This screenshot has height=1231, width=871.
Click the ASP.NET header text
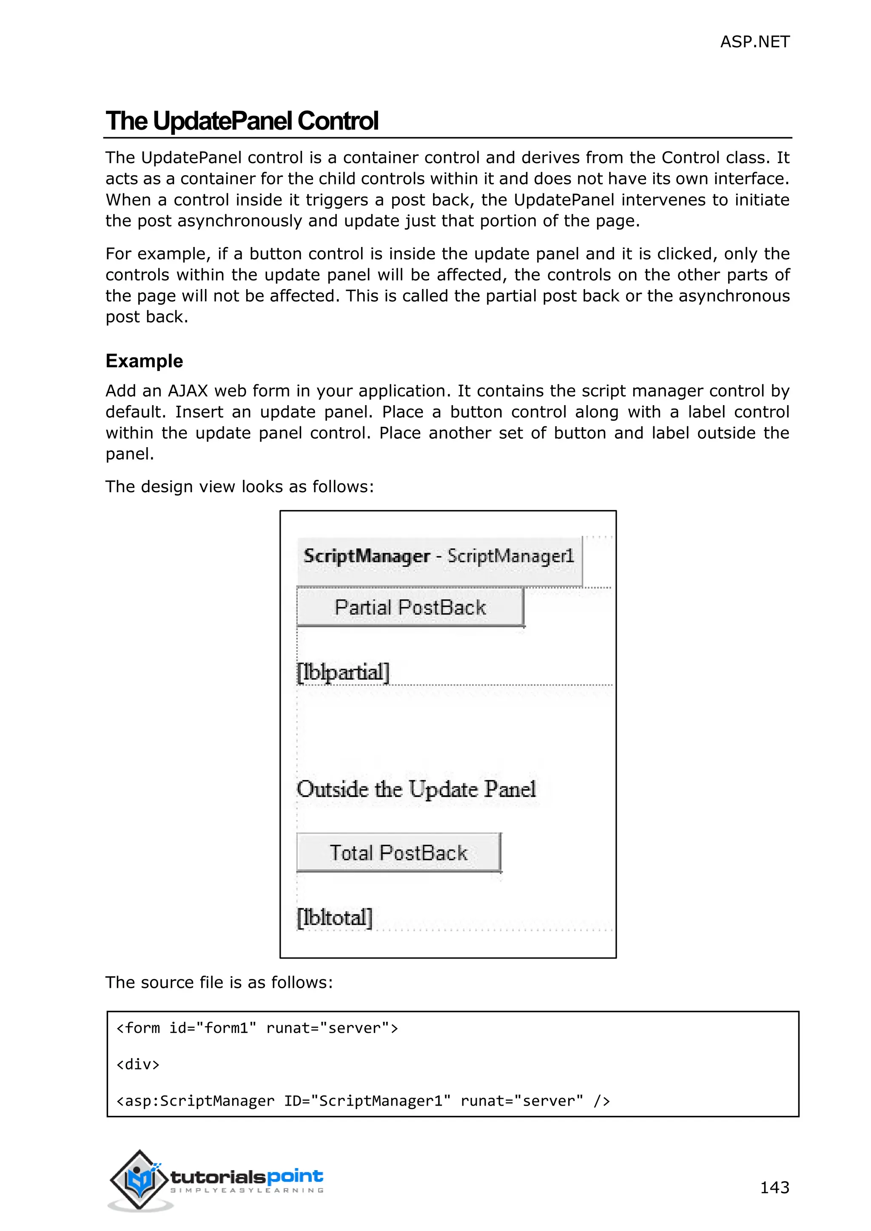click(x=754, y=42)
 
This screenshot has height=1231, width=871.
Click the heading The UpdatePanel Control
click(x=242, y=121)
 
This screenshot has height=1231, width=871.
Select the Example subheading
click(x=144, y=361)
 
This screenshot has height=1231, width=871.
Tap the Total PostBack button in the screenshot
click(x=398, y=853)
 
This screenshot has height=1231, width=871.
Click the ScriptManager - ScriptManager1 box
click(x=439, y=556)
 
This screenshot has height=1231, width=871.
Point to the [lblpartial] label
click(x=343, y=672)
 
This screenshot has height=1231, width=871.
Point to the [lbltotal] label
click(x=335, y=917)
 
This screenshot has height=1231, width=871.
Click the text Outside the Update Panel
click(x=416, y=789)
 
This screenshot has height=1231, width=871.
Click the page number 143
click(x=774, y=1187)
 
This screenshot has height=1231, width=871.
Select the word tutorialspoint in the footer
click(x=247, y=1177)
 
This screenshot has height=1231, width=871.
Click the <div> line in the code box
click(x=138, y=1064)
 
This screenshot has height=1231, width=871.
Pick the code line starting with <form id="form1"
click(x=257, y=1028)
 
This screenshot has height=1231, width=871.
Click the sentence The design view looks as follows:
click(x=239, y=486)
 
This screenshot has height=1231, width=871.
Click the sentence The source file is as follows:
click(x=219, y=982)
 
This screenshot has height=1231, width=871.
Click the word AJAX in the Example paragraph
click(x=187, y=391)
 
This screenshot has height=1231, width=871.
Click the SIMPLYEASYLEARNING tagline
click(x=247, y=1190)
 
